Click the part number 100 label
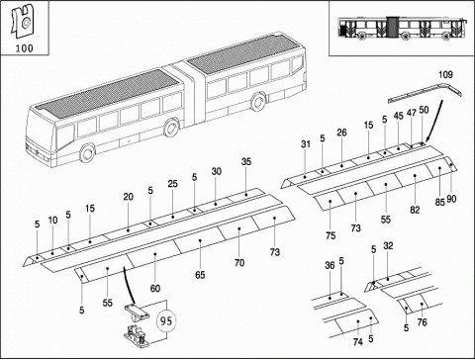(25, 48)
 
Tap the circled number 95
(166, 320)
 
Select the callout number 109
(445, 74)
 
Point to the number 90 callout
(451, 199)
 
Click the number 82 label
(415, 210)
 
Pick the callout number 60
(155, 288)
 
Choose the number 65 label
(200, 275)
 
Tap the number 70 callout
(239, 263)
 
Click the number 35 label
(246, 161)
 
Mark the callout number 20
(129, 197)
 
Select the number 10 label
(52, 221)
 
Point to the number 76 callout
(422, 322)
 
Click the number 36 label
(330, 265)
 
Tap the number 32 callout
(388, 245)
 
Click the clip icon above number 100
(23, 21)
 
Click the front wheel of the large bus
(87, 153)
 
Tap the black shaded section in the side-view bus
(392, 26)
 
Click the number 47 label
(412, 113)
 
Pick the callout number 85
(439, 202)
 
